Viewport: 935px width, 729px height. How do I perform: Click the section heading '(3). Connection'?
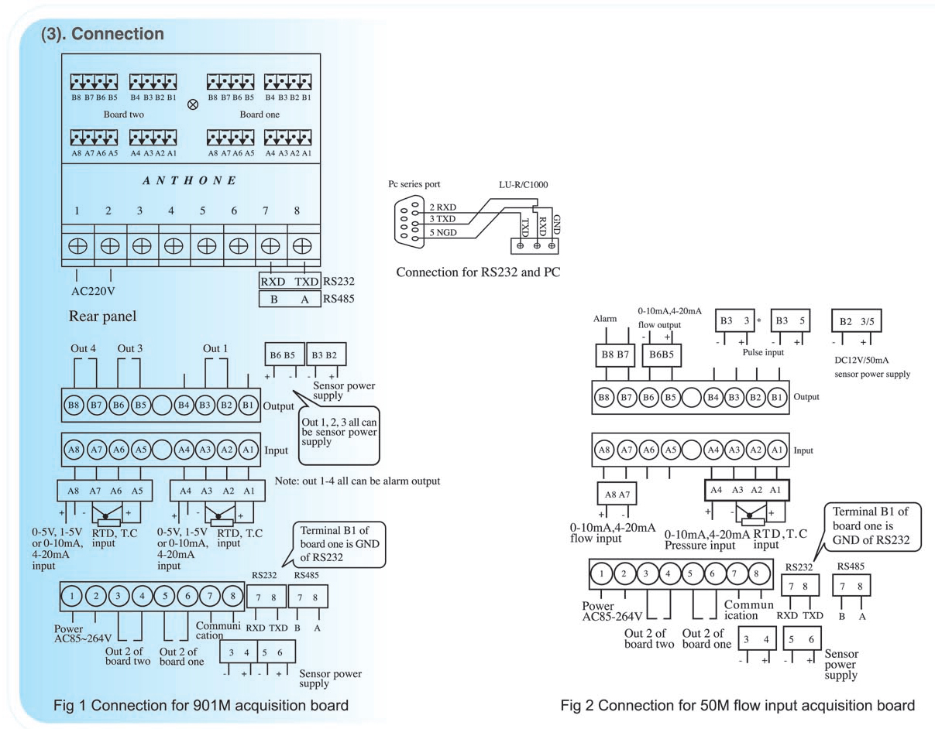click(x=101, y=35)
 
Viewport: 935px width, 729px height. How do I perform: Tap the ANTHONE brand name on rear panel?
click(x=189, y=181)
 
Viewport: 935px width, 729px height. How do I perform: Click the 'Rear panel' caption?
click(x=102, y=317)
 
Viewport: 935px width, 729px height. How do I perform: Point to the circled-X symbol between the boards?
click(x=192, y=104)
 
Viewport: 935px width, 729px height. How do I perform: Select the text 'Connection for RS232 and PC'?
click(x=478, y=272)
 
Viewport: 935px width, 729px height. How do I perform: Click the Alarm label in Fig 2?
click(x=604, y=317)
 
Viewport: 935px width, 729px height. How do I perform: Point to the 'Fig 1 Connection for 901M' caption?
click(x=201, y=705)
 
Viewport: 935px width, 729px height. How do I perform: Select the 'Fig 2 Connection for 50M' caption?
click(x=738, y=705)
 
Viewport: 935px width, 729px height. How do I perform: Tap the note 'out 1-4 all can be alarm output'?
click(x=357, y=481)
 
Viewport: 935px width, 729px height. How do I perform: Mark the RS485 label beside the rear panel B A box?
click(x=339, y=298)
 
